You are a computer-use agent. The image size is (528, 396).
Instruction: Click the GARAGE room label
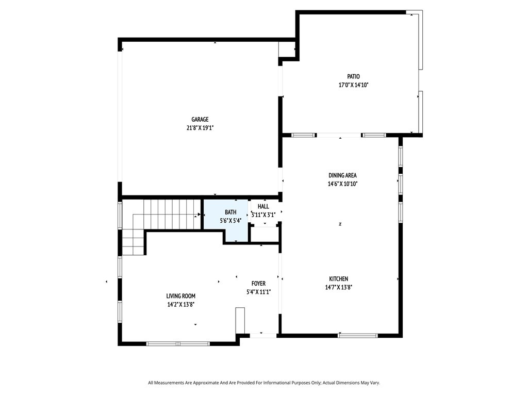coord(200,119)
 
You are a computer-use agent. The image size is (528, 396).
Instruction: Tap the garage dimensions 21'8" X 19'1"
coord(200,128)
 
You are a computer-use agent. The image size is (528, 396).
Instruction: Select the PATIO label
coord(354,76)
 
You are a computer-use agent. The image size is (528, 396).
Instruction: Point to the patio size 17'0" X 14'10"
coord(354,85)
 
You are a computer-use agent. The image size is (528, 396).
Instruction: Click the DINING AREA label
coord(342,175)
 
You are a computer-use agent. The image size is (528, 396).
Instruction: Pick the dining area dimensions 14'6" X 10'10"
coord(342,184)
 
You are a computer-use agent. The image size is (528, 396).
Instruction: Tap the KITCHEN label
coord(339,279)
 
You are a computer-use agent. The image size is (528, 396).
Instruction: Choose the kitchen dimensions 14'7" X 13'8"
coord(339,287)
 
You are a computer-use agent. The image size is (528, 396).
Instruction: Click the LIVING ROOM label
coord(181,296)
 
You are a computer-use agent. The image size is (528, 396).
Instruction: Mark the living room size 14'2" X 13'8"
coord(181,305)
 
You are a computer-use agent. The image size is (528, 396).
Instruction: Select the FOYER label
coord(259,284)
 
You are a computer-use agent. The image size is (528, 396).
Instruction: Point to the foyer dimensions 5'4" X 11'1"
coord(259,292)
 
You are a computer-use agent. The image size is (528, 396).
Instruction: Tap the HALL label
coord(263,206)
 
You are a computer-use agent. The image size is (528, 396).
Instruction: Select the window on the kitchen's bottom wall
coord(358,335)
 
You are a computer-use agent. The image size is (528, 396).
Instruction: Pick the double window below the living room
coord(178,344)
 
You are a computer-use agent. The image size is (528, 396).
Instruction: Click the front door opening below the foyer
coord(263,335)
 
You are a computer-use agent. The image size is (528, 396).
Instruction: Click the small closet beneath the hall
coord(265,235)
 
